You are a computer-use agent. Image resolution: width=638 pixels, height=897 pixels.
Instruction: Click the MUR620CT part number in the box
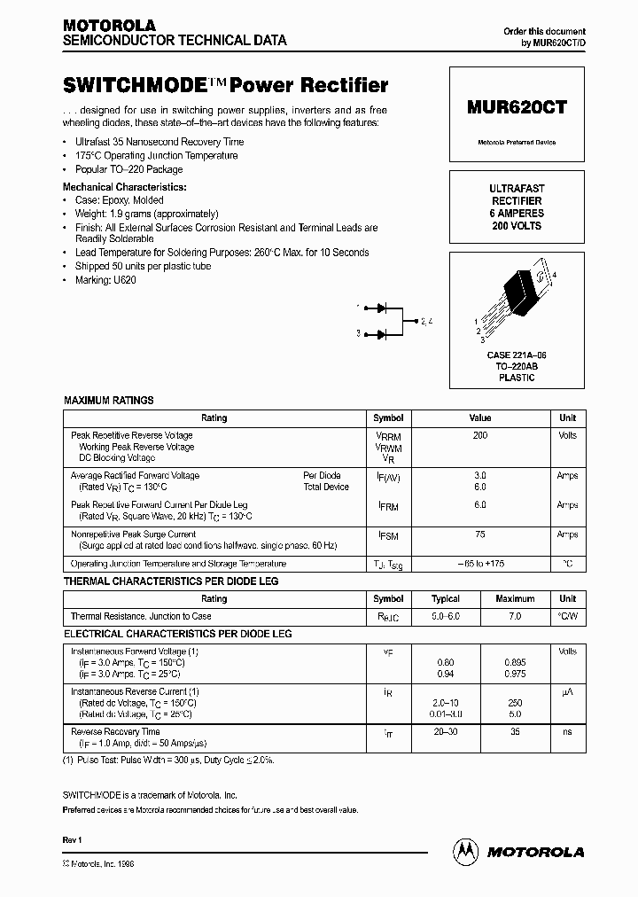(x=517, y=106)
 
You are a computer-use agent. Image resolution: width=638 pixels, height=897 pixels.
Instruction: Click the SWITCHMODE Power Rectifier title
(x=226, y=86)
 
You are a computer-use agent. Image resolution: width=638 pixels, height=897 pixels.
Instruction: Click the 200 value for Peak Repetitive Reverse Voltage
(x=479, y=435)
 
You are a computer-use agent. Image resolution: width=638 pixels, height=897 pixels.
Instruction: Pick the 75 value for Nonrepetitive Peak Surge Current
(x=479, y=534)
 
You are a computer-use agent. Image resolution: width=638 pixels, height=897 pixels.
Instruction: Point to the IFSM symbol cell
(x=388, y=536)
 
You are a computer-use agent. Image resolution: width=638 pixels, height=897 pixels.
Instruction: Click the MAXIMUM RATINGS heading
(x=108, y=401)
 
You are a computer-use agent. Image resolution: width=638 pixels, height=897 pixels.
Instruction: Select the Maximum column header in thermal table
(x=515, y=599)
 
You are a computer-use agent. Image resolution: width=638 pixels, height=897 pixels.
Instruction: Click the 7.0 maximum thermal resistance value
(x=515, y=616)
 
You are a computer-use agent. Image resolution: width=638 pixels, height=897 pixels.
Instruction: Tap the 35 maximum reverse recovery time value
(x=515, y=732)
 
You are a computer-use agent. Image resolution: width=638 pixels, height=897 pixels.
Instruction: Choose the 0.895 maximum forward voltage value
(x=515, y=662)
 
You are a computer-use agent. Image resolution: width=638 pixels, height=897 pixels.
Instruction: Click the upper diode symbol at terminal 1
(x=382, y=308)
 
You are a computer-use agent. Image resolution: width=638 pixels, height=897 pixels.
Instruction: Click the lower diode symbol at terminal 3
(x=382, y=334)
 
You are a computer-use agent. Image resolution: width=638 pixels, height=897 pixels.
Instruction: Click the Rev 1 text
(x=72, y=839)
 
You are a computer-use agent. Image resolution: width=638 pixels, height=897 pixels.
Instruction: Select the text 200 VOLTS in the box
(x=517, y=226)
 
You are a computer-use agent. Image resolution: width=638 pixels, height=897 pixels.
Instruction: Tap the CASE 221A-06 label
(x=517, y=355)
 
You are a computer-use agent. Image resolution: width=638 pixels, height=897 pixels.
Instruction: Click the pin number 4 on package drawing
(x=555, y=277)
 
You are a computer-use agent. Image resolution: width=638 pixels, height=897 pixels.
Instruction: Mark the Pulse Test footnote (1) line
(x=168, y=760)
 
